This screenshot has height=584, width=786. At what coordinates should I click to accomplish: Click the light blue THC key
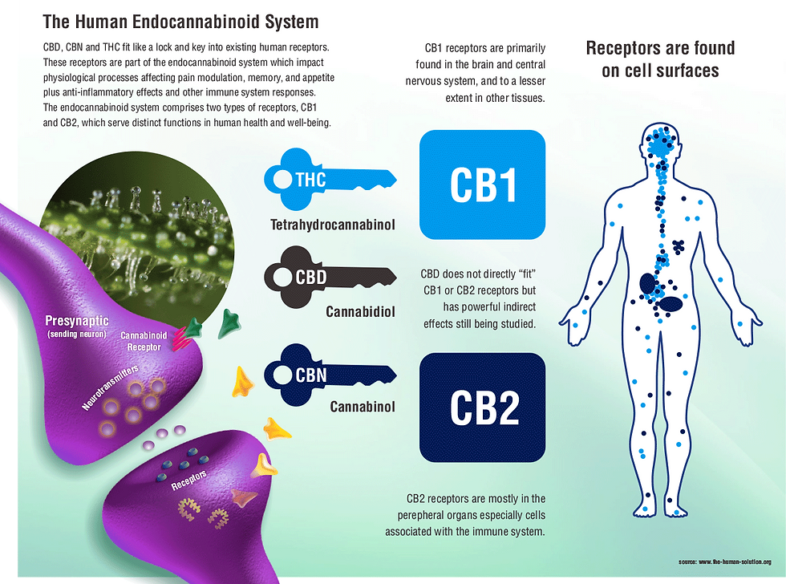coord(329,178)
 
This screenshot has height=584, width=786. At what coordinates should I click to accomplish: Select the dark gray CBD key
coord(329,278)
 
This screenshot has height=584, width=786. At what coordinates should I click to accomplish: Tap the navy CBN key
coord(329,375)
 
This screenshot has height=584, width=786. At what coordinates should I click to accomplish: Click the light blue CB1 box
coord(483,185)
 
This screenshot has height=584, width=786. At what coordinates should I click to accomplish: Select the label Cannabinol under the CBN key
coord(363,407)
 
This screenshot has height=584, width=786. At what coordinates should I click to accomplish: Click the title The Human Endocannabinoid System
coord(180,22)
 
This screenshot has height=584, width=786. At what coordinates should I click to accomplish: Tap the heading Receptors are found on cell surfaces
coord(660,59)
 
